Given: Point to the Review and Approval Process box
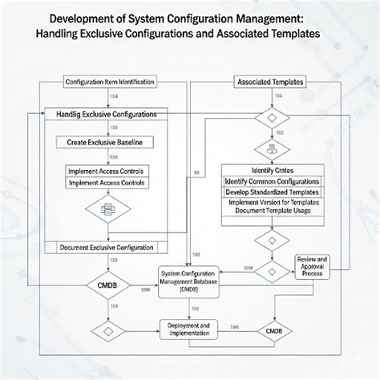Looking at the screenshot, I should click(x=313, y=265).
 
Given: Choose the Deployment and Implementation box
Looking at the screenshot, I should click(x=189, y=329).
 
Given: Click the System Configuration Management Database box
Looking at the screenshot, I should click(x=189, y=281).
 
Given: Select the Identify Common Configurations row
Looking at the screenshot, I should click(x=272, y=182).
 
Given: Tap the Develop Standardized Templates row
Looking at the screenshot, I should click(x=272, y=192).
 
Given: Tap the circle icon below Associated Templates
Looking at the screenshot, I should click(x=272, y=149).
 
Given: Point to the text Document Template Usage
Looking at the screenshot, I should click(x=272, y=212).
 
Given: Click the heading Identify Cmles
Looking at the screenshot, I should click(x=272, y=171).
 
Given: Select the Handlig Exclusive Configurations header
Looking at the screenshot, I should click(x=107, y=115).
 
